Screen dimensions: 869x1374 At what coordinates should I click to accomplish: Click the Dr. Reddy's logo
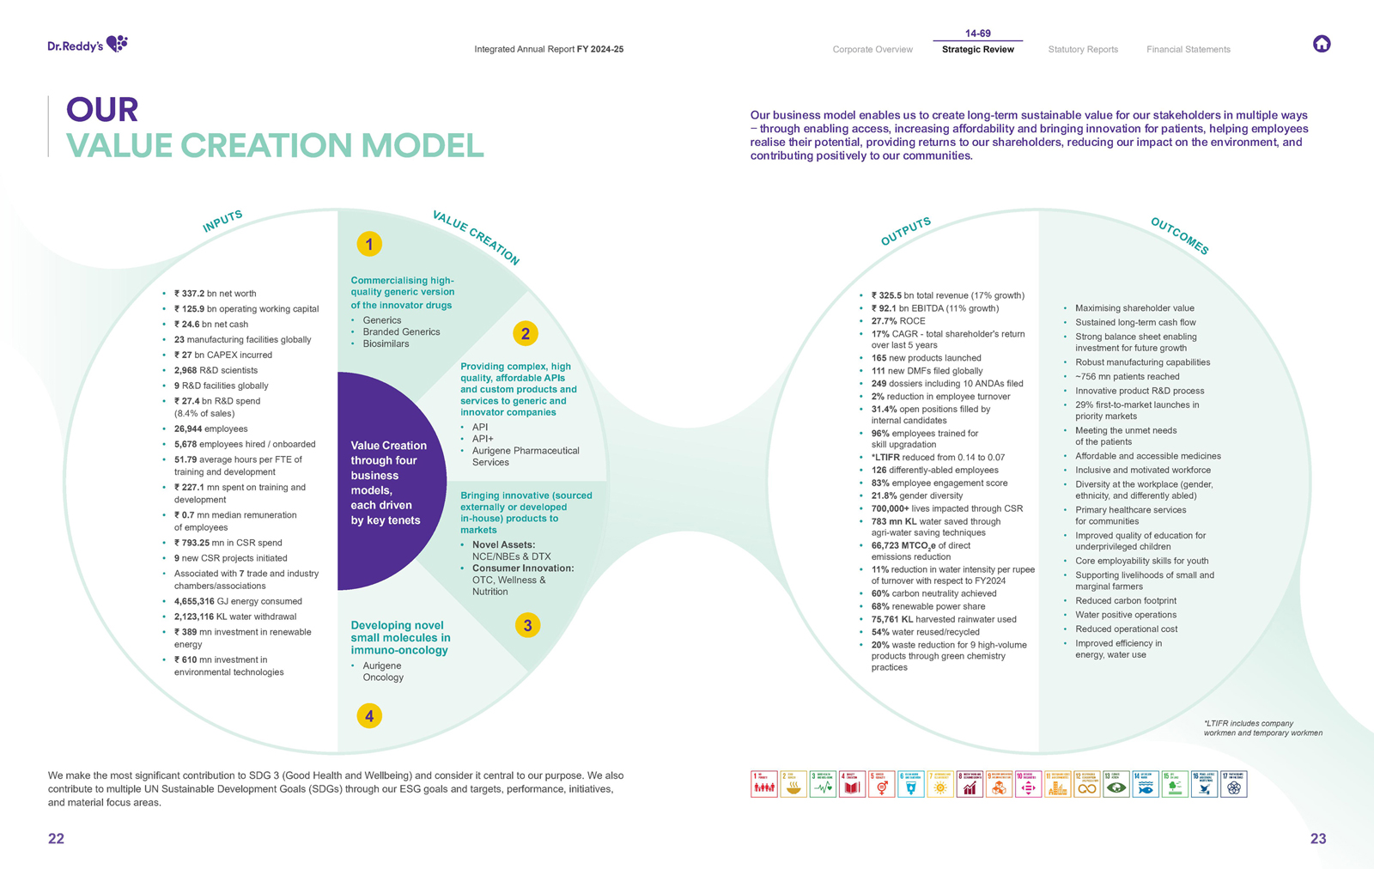click(88, 45)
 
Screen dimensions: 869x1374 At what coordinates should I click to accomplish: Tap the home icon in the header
click(1322, 44)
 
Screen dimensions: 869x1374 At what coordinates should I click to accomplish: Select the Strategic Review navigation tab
click(977, 50)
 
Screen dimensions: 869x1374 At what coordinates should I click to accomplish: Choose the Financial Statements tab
click(1188, 50)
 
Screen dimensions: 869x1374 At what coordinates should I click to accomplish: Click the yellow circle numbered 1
click(369, 245)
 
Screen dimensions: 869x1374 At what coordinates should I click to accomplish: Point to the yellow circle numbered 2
click(526, 333)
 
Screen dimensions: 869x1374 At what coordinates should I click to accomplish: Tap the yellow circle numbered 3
click(527, 625)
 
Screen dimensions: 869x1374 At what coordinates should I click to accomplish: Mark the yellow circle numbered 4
click(369, 716)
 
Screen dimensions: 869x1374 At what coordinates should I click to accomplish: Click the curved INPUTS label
click(222, 222)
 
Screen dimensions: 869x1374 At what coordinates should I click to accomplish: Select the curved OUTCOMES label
click(1179, 236)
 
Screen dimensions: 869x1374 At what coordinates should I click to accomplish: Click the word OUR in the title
click(102, 110)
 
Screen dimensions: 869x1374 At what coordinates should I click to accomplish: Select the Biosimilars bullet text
click(386, 343)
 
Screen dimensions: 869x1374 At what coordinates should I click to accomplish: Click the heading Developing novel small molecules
click(400, 637)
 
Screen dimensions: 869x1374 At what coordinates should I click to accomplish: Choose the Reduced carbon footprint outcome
click(1125, 601)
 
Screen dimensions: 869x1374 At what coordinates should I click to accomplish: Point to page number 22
click(56, 839)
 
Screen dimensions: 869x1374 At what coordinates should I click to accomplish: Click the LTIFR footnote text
click(1262, 728)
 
